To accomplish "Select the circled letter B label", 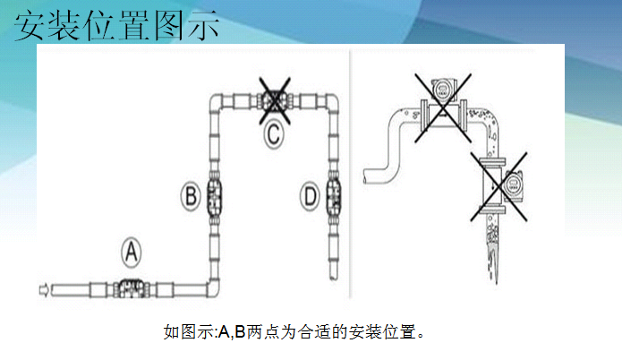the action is [190, 194].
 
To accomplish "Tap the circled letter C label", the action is [275, 135].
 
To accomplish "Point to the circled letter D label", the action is [311, 194].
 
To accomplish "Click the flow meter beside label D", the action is [334, 193].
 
